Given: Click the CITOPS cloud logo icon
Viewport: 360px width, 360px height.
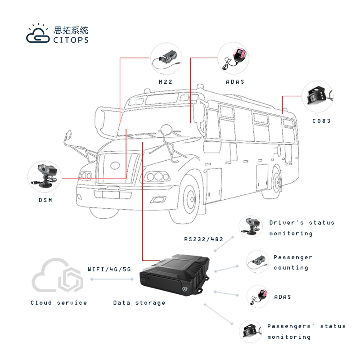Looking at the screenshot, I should [x=38, y=35].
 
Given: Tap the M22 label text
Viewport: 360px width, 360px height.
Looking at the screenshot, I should [x=166, y=81].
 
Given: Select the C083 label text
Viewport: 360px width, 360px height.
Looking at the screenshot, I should [x=321, y=121].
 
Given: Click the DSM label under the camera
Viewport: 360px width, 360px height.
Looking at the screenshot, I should [x=45, y=200].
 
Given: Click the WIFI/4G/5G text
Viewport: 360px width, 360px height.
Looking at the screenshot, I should [x=109, y=269].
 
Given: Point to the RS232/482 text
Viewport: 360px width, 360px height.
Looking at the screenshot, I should [x=203, y=239].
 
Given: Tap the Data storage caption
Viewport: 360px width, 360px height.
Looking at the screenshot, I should [x=139, y=303].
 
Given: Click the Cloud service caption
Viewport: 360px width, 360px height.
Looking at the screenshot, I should [x=58, y=303].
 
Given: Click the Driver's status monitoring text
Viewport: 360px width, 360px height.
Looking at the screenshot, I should [x=301, y=228].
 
